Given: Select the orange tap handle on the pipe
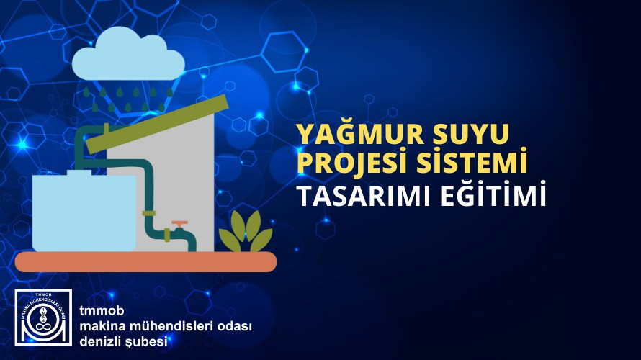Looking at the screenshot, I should click(179, 224).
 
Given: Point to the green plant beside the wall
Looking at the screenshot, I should click(246, 232).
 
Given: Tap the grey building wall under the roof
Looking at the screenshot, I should click(191, 173).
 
